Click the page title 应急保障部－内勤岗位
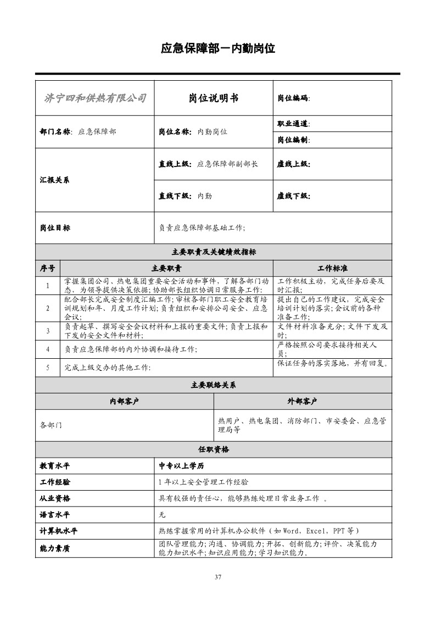click(217, 48)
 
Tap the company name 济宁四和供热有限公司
click(95, 98)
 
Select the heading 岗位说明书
click(214, 98)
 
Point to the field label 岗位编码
click(293, 98)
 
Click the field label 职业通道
click(293, 124)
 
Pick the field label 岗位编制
click(293, 140)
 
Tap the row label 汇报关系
click(55, 180)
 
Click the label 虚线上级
click(293, 164)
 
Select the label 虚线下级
click(293, 196)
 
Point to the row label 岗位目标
click(55, 227)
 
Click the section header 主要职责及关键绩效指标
click(214, 252)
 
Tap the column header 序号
click(48, 269)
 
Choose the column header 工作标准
click(332, 269)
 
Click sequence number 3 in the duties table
click(48, 331)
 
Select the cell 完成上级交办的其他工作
click(108, 367)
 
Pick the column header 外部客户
click(303, 401)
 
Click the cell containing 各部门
click(51, 425)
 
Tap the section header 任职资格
click(214, 449)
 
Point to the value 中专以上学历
click(181, 466)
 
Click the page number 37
click(218, 577)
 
